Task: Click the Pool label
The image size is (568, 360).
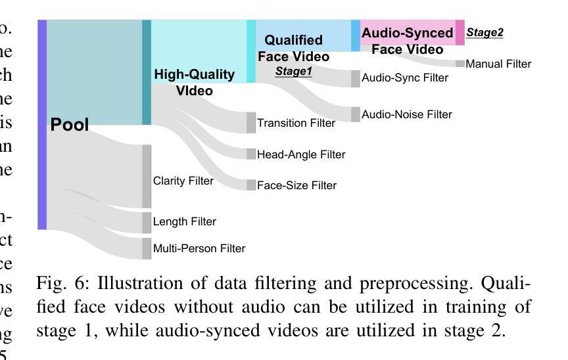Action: [70, 125]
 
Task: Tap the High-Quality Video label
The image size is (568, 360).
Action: [195, 82]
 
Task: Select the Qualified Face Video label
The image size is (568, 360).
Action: [294, 48]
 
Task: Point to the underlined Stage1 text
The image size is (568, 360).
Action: [294, 71]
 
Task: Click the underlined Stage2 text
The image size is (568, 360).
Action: [485, 33]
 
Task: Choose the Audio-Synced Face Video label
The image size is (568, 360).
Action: [408, 41]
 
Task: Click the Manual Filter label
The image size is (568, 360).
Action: [498, 64]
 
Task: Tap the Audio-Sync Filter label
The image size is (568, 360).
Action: [405, 78]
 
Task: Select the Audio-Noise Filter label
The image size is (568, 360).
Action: [407, 114]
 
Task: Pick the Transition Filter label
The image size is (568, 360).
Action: [296, 123]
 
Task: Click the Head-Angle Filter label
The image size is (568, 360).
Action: [301, 154]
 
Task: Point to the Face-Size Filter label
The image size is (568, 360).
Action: [296, 185]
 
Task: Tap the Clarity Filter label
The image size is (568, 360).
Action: [183, 181]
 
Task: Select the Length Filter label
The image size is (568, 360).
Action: [185, 222]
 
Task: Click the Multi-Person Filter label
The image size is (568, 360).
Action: [199, 248]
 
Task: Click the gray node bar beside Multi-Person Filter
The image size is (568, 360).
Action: [147, 248]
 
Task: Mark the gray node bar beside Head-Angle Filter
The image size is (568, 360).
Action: [251, 154]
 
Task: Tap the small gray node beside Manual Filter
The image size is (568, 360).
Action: [460, 64]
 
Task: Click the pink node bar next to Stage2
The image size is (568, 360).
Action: [460, 32]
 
